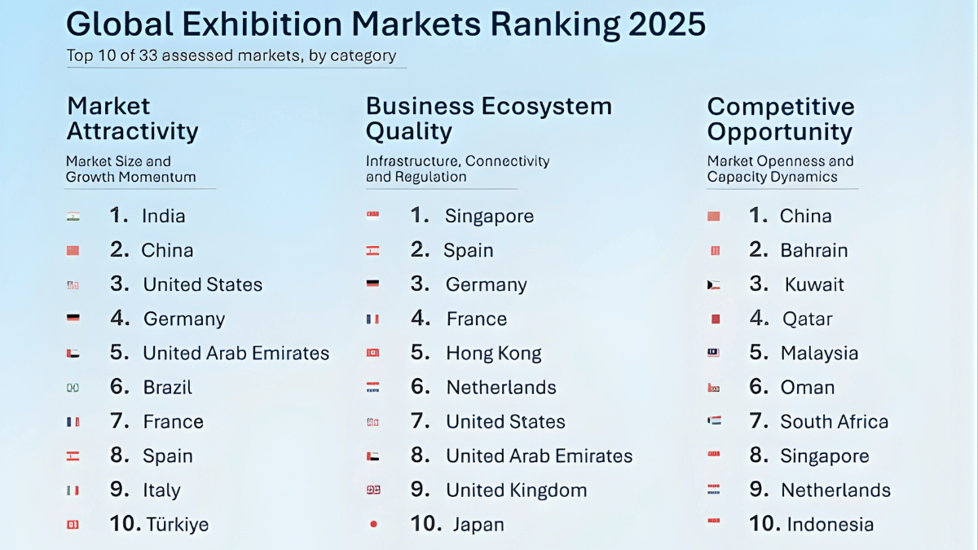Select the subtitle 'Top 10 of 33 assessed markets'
coord(231,56)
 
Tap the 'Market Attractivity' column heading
coord(132,119)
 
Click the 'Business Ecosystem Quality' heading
coord(488,119)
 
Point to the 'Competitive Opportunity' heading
coord(781,119)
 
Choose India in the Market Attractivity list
coord(163,216)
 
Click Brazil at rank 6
coord(167,387)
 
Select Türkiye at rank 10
coord(177,524)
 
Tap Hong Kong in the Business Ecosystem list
coord(493,354)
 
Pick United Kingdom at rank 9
coord(516,491)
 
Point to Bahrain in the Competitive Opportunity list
coord(813,251)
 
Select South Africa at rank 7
coord(834,422)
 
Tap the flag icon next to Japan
coord(373,525)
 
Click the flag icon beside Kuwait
coord(714,285)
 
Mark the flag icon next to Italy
coord(73,491)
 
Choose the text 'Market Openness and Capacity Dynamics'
coord(780,169)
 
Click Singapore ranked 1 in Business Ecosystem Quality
coord(489,216)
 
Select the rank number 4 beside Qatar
coord(759,319)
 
